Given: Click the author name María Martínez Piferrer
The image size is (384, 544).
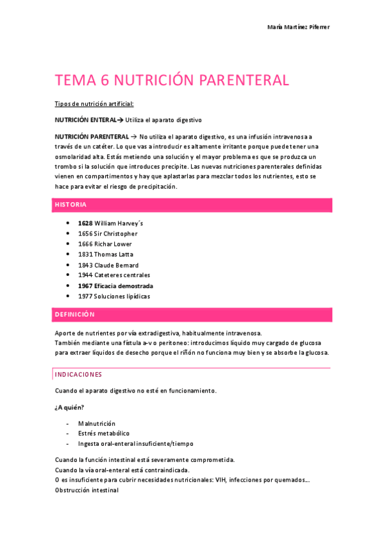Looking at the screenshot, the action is [x=298, y=26].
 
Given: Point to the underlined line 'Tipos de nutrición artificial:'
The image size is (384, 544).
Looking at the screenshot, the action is [x=94, y=104].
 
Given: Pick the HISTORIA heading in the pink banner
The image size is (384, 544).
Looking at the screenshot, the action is [x=71, y=205].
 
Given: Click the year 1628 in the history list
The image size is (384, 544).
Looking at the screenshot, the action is [x=85, y=223].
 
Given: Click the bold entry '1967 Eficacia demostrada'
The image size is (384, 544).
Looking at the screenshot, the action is [x=115, y=285].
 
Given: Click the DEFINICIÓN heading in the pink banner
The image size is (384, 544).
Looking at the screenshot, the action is [x=74, y=314].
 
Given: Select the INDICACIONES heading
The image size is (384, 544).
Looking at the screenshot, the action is [x=78, y=374].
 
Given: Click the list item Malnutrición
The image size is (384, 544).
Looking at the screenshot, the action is [x=97, y=423].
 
